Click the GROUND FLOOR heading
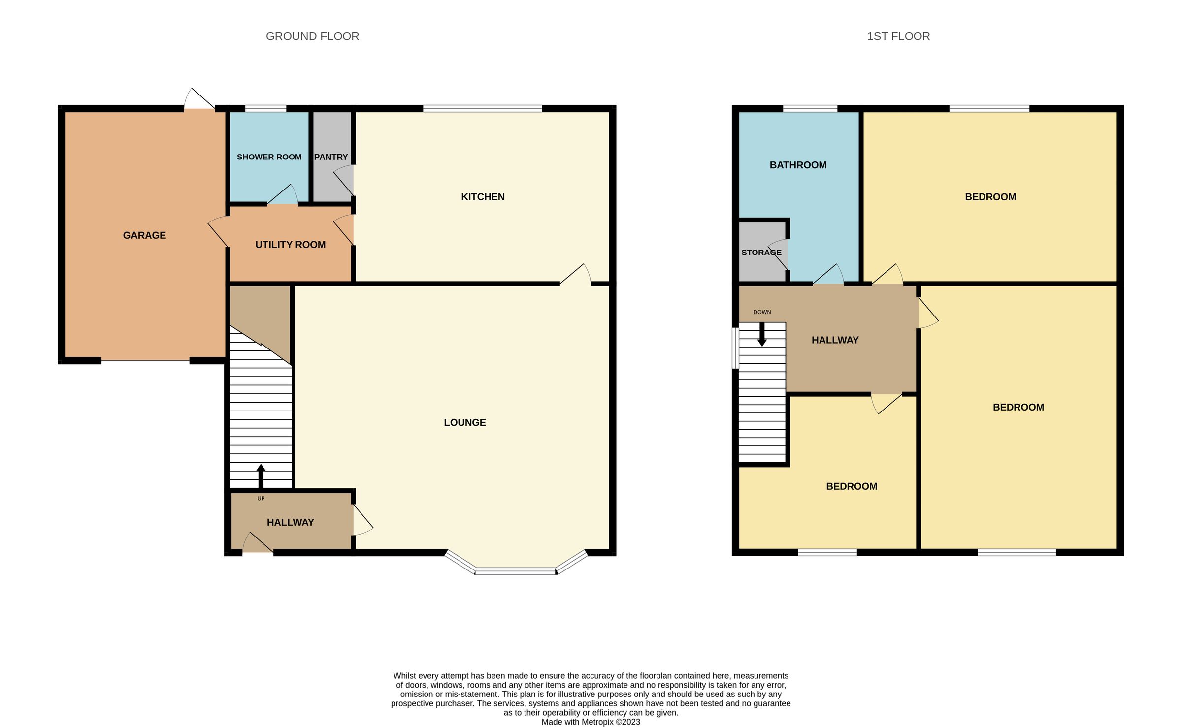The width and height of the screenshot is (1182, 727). pos(312,36)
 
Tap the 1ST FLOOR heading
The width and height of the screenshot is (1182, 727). pos(898,36)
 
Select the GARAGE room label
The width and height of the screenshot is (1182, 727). pos(144,235)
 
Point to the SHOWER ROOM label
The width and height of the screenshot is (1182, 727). pos(269,157)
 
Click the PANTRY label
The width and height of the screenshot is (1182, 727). pos(331,157)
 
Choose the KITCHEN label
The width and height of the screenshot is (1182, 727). pos(483,197)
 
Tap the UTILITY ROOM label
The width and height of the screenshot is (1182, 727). pos(290,245)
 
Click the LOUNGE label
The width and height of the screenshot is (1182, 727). pos(464,422)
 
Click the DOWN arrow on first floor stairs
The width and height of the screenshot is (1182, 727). pos(762,335)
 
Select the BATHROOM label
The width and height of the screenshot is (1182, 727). pos(798,165)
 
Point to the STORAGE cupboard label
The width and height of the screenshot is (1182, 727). pos(761,253)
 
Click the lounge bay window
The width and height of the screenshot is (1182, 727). pos(515,570)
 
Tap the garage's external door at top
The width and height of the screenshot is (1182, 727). pos(199,99)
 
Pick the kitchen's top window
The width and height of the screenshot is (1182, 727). pos(482,108)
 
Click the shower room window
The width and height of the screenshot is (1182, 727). pos(265,108)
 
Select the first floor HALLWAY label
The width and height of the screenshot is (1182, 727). pos(835,340)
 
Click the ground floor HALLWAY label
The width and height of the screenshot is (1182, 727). pos(290,522)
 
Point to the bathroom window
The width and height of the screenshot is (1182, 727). pos(810,108)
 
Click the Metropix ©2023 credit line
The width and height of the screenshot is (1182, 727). pos(591,722)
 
